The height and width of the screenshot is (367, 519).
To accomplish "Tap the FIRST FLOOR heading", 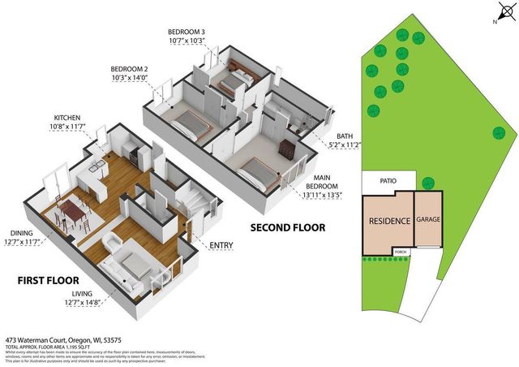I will point(48,280).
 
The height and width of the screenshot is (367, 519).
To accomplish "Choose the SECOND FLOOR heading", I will point(288,227).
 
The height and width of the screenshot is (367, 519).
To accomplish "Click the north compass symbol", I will point(504,12).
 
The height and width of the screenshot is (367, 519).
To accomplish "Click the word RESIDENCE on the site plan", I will point(388,220).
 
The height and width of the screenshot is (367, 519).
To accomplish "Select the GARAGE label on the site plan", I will point(428,219).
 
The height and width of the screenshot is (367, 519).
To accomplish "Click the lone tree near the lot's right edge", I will point(496,132).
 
